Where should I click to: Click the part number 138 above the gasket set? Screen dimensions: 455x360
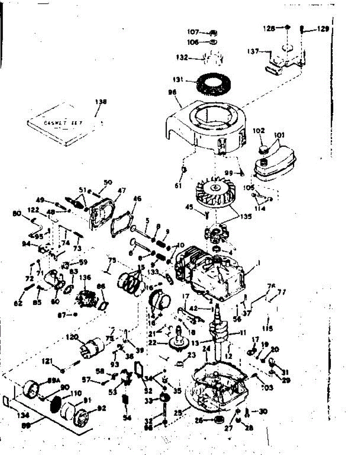click(101, 102)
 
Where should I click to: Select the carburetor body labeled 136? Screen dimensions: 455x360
click(88, 295)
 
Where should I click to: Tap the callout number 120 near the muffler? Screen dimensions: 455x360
click(72, 337)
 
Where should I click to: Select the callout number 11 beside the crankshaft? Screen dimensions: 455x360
click(243, 333)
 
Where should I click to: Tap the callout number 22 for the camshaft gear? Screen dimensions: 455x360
click(163, 343)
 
